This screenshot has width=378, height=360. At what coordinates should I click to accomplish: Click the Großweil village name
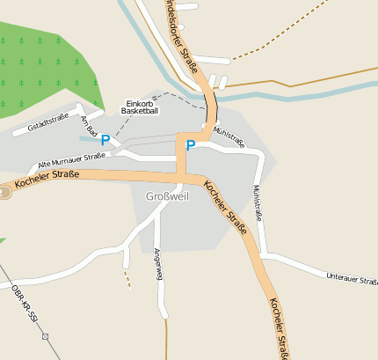166,196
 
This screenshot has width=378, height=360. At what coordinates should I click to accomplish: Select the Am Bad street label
87,125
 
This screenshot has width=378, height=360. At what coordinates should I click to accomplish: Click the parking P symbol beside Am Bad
105,141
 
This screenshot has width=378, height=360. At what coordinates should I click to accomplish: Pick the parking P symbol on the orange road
190,145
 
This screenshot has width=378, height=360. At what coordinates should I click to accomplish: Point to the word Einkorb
140,103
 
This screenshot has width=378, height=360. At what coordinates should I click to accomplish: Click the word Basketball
140,112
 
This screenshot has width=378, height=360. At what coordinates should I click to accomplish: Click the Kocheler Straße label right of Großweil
225,202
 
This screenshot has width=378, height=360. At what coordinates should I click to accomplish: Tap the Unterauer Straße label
351,279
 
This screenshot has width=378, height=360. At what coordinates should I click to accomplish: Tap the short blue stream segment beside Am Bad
88,139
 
